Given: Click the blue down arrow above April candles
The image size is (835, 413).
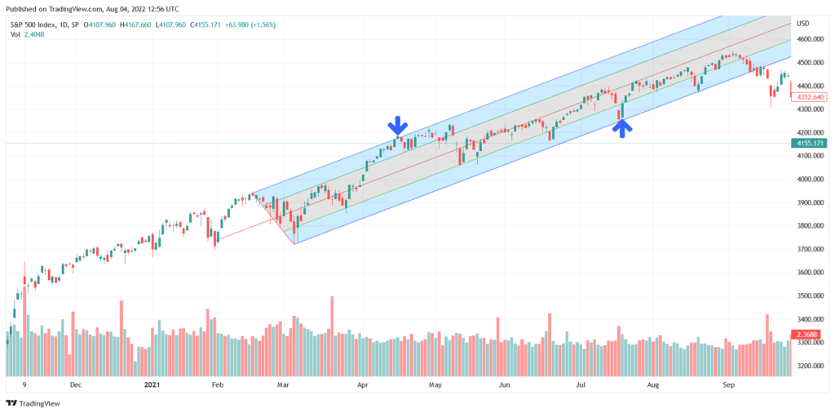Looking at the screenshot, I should tap(397, 125).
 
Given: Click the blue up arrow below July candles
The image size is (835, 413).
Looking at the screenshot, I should tap(621, 128).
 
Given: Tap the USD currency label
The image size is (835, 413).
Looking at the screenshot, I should tap(802, 23).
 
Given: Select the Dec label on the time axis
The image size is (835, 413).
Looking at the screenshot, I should tap(75, 383).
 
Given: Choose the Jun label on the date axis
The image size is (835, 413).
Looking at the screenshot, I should tap(505, 383).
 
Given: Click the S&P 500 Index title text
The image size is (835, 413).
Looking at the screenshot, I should tap(33, 24).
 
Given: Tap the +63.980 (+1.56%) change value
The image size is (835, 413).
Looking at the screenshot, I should tap(248, 24).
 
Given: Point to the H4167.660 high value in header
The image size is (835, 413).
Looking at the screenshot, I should tap(130, 24).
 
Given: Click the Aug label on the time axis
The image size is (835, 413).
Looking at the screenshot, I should tap(652, 383).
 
